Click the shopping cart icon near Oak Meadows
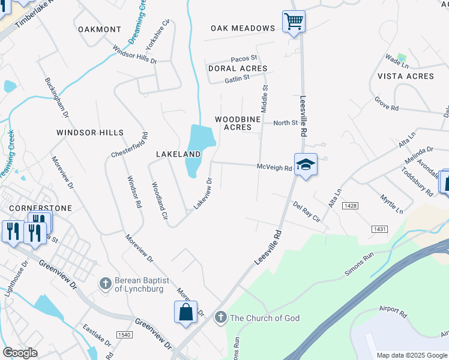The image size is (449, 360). pos(294,22)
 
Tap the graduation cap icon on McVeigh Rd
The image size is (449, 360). pos(305,164)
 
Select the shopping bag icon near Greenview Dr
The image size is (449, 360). pos(185,312)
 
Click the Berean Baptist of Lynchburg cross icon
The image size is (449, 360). pos(105,282)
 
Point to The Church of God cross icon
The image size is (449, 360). pos(220,316)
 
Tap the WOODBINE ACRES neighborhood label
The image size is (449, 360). pos(238,123)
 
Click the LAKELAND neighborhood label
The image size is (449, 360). pos(178,154)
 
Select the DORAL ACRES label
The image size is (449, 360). pos(237,69)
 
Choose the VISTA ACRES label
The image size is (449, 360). pos(406,76)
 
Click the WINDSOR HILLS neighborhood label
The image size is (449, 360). pos(90,132)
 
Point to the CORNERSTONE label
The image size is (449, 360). pos(41,208)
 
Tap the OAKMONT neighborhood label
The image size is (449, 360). pos(100,29)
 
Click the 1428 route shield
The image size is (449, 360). pos(351,206)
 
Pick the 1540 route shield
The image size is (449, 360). pos(125,335)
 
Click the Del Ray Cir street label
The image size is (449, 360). pos(307,212)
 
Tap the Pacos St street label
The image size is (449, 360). pos(244,58)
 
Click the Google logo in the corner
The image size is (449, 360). pos(20,353)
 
